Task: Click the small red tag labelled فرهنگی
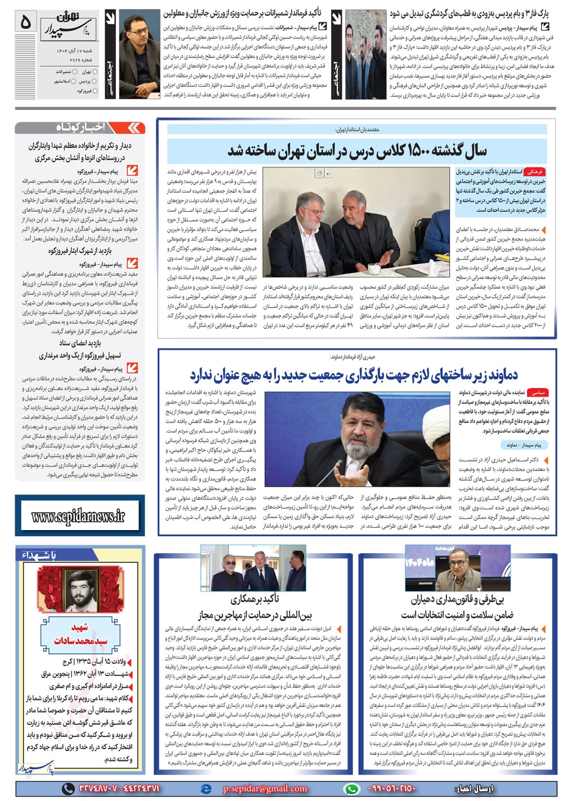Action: (536, 171)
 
